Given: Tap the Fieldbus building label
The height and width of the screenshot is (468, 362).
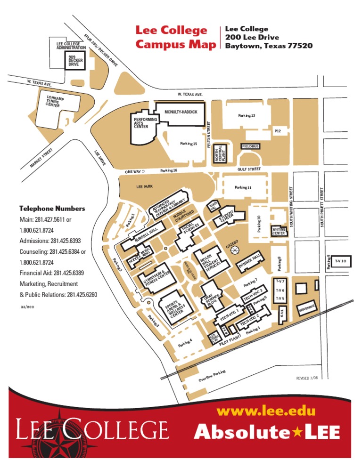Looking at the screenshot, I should [250, 146].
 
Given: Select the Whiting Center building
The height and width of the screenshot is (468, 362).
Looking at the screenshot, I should [279, 231].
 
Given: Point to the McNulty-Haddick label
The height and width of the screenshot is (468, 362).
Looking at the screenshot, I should [181, 112].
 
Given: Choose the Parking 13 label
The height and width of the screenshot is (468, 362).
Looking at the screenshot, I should [247, 115].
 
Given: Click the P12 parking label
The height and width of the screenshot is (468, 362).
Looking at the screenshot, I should [278, 131].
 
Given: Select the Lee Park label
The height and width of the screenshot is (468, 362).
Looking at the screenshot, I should [145, 187].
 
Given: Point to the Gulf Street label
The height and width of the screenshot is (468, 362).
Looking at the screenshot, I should [249, 169].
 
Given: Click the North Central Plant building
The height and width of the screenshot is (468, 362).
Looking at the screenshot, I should [220, 153].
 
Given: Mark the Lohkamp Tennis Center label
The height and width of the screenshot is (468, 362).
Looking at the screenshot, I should [56, 101].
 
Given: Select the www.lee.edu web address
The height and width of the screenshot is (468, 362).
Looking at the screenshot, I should [266, 411].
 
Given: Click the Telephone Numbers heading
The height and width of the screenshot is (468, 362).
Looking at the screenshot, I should [52, 208].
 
